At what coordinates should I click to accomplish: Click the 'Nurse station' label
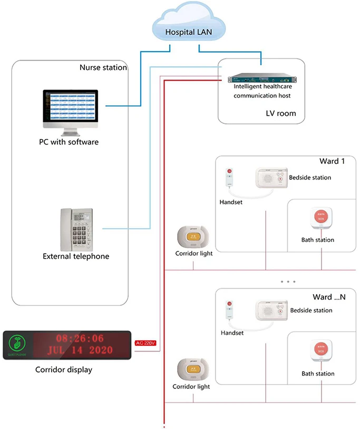pos(103,67)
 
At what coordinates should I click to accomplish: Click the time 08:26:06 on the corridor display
pos(80,338)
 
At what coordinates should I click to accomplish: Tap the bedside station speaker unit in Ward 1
pos(271,178)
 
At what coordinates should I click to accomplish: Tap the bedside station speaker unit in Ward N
pos(271,311)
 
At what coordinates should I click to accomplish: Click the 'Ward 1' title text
pos(332,161)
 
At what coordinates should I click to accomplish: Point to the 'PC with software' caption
pos(69,142)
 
